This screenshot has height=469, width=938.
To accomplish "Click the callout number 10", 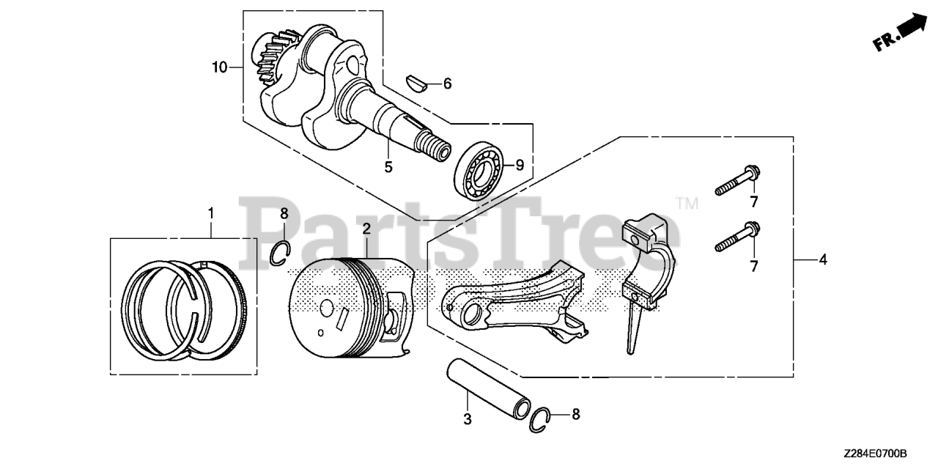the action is (219, 68).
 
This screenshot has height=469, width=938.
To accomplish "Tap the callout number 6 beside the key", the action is (447, 84).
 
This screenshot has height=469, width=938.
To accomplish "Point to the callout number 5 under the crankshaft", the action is (388, 167).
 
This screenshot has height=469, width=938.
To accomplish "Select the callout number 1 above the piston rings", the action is (211, 213).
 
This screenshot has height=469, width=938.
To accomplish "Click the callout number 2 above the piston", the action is (366, 229).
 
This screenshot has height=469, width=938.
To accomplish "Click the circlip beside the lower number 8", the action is (542, 416).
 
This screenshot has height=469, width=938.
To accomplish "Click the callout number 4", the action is (823, 259).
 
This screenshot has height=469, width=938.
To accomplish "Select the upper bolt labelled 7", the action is (737, 180).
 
